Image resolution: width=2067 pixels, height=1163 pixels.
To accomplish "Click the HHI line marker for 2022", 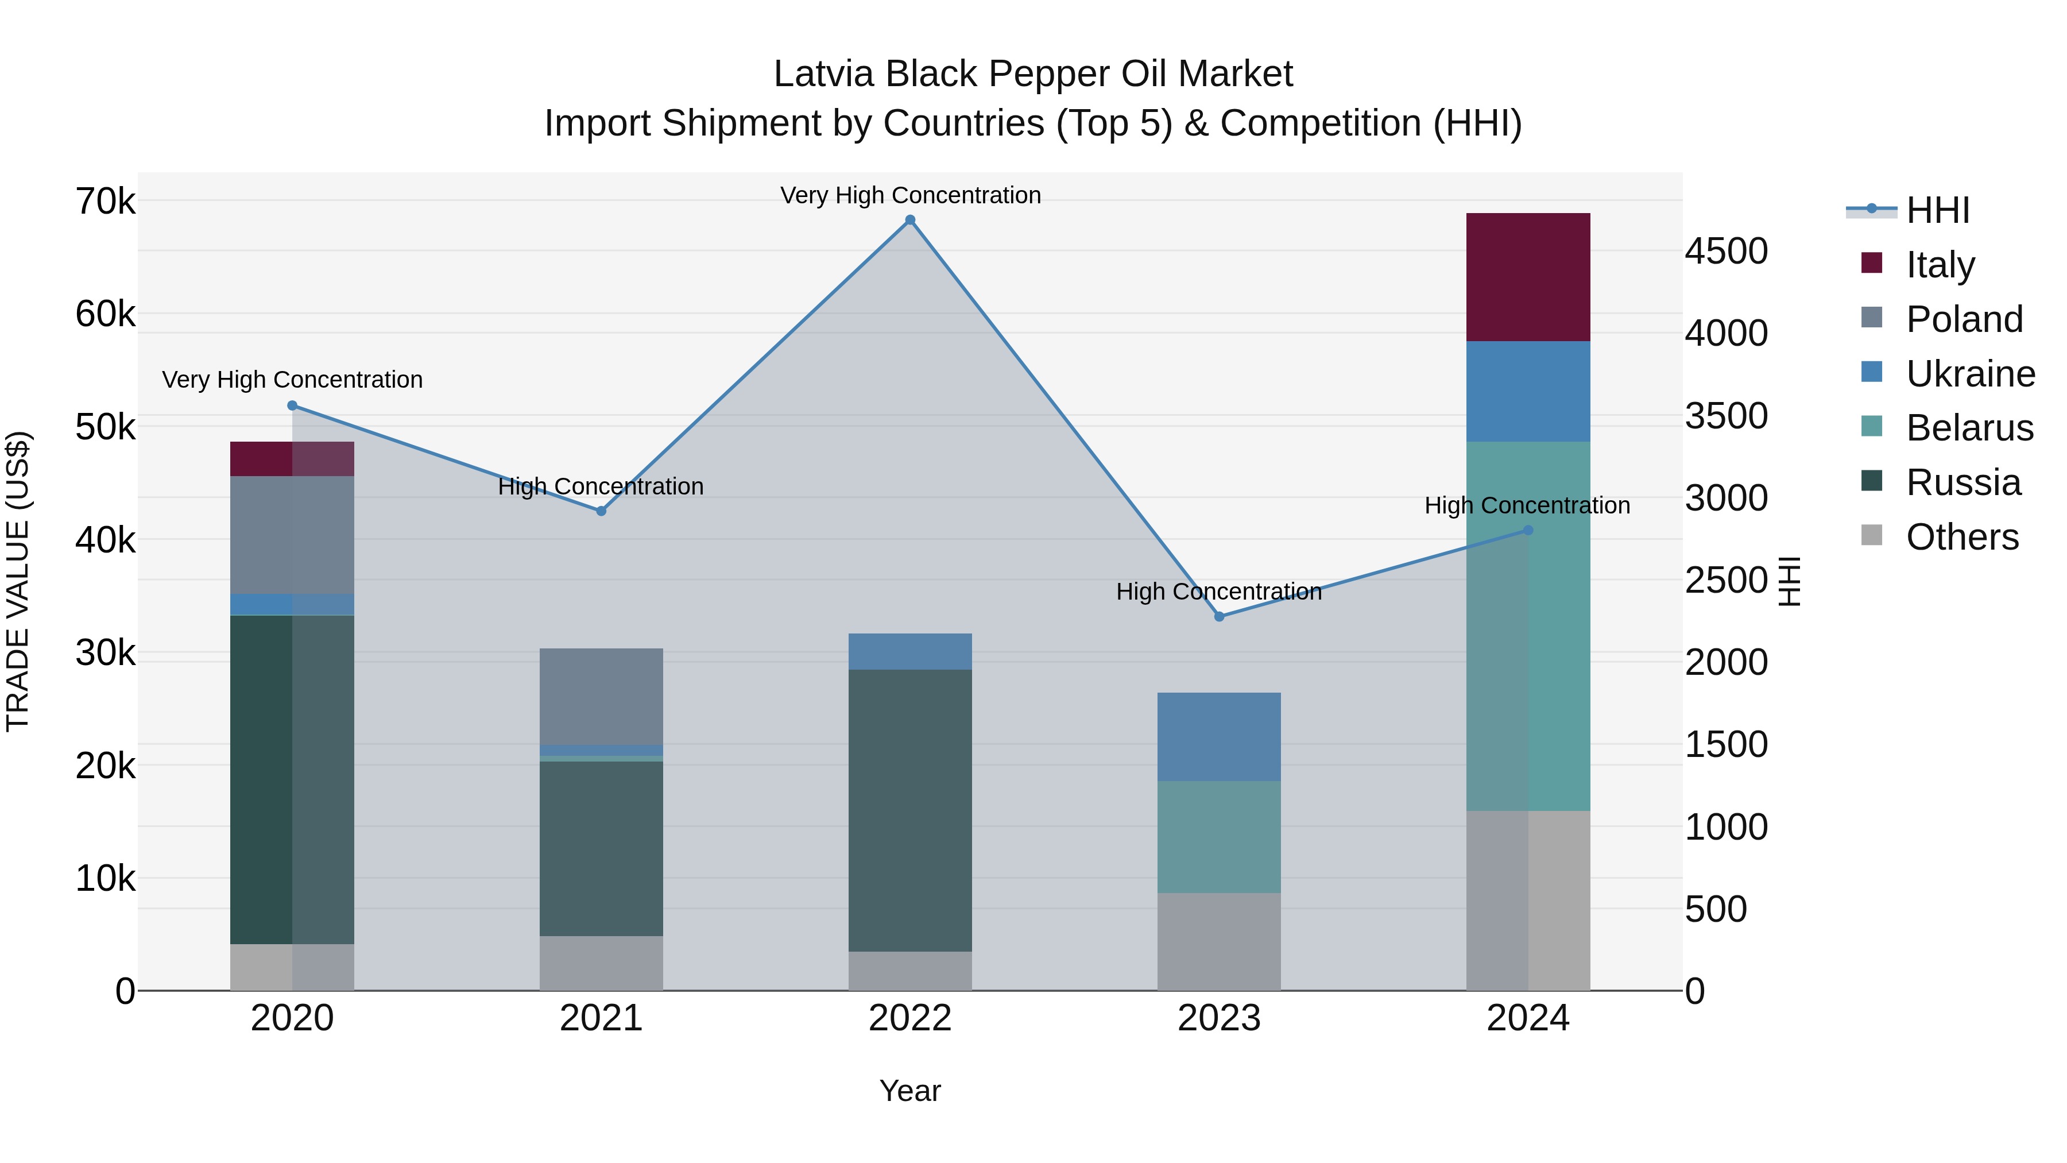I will click(x=910, y=220).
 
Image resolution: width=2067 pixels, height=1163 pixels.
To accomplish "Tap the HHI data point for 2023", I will click(x=1219, y=616).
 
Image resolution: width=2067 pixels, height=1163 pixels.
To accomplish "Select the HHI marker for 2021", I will click(x=601, y=511).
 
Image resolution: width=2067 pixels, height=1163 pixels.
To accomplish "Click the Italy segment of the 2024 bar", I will click(x=1528, y=277).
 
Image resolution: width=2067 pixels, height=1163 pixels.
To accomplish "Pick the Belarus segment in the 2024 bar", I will click(x=1528, y=626).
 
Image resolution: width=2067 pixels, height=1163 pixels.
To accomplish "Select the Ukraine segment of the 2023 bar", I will click(x=1219, y=737).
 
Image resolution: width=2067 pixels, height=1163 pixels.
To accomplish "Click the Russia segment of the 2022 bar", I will click(x=910, y=810).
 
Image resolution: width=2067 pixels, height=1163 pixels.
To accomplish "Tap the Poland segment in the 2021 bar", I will click(x=601, y=697).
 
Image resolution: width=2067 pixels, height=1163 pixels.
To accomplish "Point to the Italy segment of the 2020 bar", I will click(x=292, y=459).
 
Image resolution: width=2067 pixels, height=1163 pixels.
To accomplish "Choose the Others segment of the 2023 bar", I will click(x=1219, y=941).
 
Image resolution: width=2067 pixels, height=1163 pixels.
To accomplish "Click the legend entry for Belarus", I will click(x=1969, y=428).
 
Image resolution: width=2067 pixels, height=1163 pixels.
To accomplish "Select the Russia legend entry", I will click(x=1963, y=482).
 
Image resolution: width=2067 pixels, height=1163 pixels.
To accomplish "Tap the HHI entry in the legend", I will click(x=1937, y=210).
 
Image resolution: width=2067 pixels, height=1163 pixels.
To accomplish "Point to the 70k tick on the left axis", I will click(x=106, y=202).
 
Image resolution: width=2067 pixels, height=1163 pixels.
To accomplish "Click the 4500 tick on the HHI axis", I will click(x=1726, y=251).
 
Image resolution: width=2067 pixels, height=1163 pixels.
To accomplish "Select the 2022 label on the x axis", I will click(x=910, y=1018).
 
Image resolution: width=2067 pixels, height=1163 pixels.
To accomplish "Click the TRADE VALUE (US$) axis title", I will click(x=18, y=581).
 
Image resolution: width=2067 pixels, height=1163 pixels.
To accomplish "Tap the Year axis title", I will click(x=910, y=1091).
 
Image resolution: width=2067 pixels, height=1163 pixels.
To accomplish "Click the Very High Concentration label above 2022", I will click(x=910, y=195).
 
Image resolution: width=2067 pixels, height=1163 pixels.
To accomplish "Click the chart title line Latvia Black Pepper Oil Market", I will click(x=1033, y=74).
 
